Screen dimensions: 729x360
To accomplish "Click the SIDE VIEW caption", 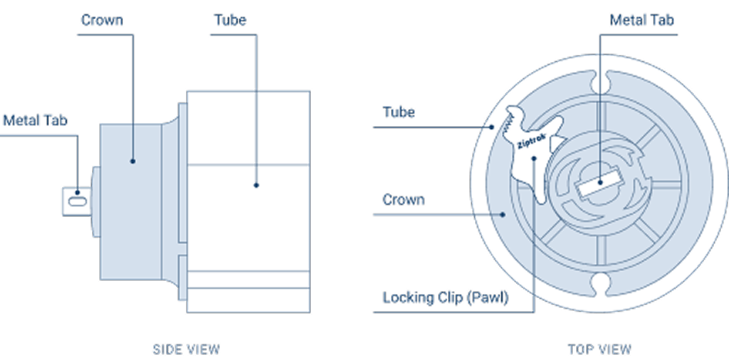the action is point(186,349).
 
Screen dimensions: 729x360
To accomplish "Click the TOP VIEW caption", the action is point(599,349).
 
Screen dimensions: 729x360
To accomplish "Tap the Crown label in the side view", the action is point(102,20).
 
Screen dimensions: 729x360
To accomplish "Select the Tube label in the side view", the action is point(230,20).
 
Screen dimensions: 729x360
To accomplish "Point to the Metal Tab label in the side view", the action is point(36,120).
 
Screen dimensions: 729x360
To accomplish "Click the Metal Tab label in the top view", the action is point(641,20).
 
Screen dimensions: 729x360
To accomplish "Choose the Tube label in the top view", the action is point(399,112).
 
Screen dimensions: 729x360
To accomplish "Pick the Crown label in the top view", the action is point(404,200).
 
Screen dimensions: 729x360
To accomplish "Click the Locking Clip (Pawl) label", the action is point(446,298).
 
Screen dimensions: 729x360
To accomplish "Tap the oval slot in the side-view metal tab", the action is point(77,201).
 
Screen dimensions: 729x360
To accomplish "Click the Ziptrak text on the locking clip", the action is point(531,142).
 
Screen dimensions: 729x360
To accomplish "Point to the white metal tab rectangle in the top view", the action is point(599,181).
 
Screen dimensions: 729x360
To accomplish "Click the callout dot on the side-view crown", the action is point(132,162).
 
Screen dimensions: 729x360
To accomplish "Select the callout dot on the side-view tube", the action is point(256,185).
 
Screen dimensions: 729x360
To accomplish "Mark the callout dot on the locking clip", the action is point(534,159).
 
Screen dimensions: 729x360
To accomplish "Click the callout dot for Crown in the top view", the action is point(503,214).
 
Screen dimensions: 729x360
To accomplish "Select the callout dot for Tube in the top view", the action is point(493,127).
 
